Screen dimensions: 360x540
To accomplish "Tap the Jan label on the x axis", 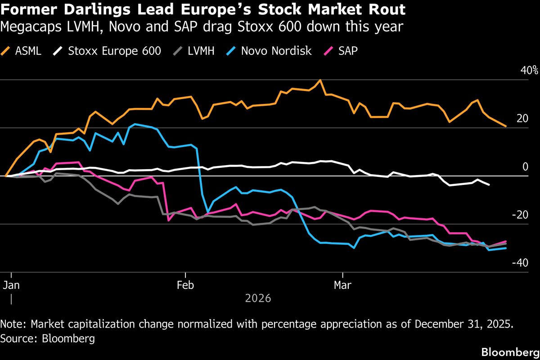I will click(x=11, y=284).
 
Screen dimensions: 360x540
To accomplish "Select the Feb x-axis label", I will click(x=185, y=284).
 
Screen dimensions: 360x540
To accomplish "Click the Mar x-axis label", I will click(x=343, y=284).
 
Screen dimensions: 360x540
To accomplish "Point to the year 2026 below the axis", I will click(x=258, y=298).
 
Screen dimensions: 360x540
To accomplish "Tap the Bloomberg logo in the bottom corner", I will click(x=510, y=351).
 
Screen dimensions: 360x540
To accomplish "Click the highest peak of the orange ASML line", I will click(x=320, y=80).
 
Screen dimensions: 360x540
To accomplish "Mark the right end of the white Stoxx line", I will click(x=489, y=184).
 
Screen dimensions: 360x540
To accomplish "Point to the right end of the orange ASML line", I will click(x=506, y=126).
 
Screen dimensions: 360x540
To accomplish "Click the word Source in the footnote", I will click(x=17, y=338).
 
